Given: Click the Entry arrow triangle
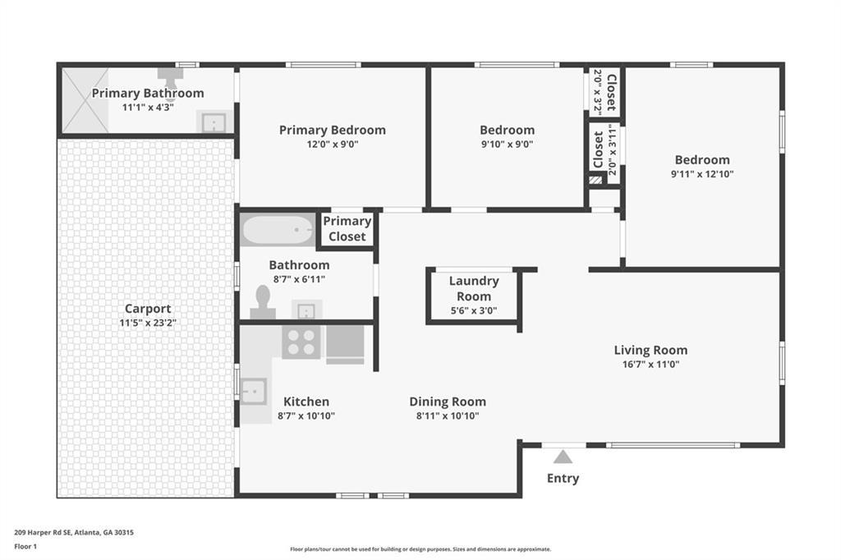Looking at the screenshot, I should click(x=563, y=457).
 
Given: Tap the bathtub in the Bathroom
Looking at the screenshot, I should click(x=278, y=230).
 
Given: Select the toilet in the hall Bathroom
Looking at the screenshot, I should click(x=263, y=303).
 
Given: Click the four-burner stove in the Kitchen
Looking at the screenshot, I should click(x=301, y=342).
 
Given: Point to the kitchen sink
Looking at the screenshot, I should click(x=253, y=391).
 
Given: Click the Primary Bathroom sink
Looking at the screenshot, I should click(x=213, y=123).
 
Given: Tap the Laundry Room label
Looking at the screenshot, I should click(x=474, y=288).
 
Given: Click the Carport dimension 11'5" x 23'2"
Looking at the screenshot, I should click(x=148, y=323).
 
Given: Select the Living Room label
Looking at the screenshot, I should click(x=650, y=350).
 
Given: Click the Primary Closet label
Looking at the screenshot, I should click(x=347, y=229).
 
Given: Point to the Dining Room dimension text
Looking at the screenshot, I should click(x=448, y=415).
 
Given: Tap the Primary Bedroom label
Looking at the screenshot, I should click(x=332, y=130).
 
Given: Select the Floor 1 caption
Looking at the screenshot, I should click(x=28, y=545).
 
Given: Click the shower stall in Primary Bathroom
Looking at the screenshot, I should click(x=85, y=100).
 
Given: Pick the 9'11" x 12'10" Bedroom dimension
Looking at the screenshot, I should click(x=702, y=173).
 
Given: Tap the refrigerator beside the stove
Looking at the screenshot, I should click(x=345, y=344).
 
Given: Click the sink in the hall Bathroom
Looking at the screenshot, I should click(x=306, y=310).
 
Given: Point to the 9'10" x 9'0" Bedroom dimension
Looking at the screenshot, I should click(x=507, y=144).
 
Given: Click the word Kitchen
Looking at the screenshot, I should click(x=306, y=402).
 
